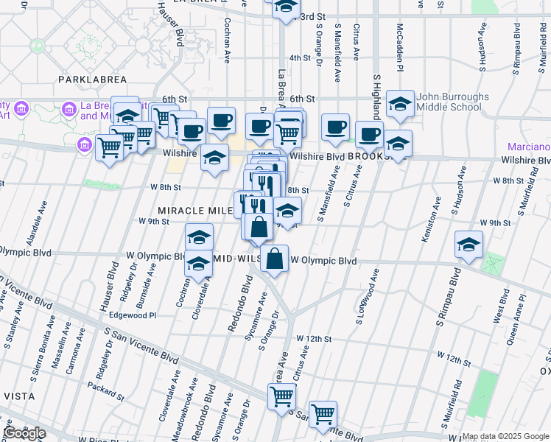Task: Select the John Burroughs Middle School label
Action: [450, 102]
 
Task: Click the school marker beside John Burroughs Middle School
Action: [400, 104]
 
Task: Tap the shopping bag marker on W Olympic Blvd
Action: [274, 260]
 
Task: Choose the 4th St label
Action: [300, 57]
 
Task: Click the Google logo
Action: [24, 434]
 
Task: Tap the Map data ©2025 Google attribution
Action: [505, 436]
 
